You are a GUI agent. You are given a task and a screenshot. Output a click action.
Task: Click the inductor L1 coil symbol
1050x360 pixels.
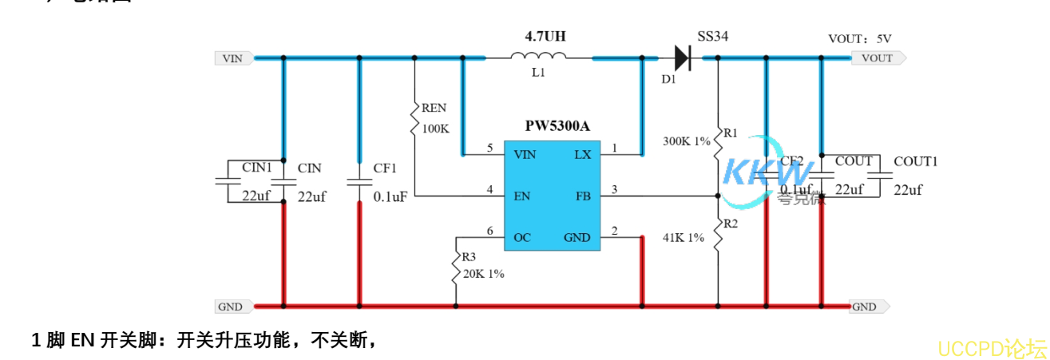point(538,56)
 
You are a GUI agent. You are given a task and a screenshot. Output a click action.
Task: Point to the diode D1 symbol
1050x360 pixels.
point(682,57)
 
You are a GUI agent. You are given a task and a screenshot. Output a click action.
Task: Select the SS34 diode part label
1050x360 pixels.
point(712,37)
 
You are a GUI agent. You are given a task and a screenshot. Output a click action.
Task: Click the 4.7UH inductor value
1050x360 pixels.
point(545,36)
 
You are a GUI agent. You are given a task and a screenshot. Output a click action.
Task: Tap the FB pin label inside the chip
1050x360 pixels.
point(582,196)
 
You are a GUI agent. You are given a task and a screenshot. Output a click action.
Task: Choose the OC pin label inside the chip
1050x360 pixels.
point(522,237)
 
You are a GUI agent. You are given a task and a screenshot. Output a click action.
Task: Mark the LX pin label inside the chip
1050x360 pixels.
point(583,154)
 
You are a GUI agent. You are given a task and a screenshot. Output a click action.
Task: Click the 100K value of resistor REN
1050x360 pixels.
point(436,128)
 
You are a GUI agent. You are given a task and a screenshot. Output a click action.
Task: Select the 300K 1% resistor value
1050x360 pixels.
point(687,141)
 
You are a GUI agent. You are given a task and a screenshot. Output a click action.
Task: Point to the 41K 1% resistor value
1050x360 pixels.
point(683,237)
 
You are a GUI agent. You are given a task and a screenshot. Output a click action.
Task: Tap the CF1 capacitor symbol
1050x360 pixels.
point(359,183)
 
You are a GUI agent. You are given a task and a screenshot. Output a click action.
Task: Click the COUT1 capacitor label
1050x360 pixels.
point(915,161)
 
